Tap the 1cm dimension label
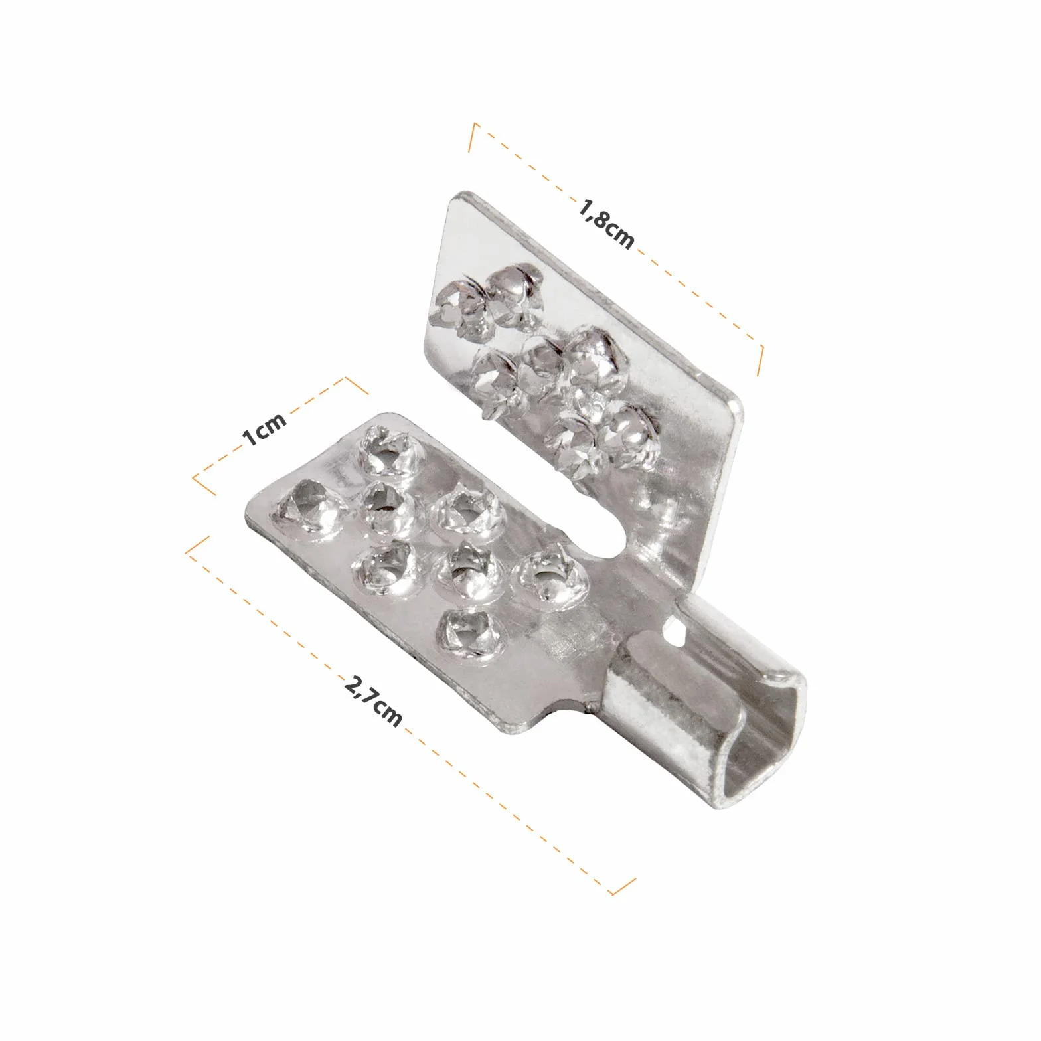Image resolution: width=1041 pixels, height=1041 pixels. tap(264, 429)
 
